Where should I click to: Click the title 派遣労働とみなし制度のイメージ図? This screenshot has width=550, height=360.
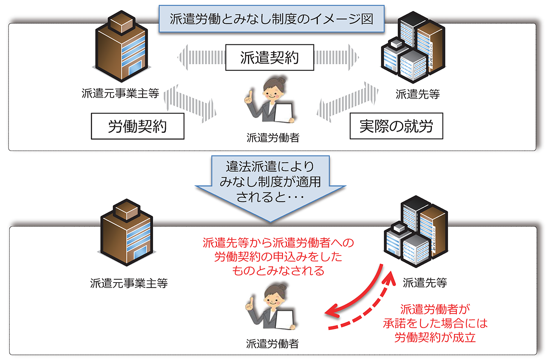click(x=271, y=19)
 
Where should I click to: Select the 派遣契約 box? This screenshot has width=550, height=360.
click(x=269, y=58)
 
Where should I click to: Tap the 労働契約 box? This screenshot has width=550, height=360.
click(x=137, y=126)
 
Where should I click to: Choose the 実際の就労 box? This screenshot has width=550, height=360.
click(x=396, y=126)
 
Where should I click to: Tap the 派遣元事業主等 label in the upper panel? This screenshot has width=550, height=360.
click(x=121, y=93)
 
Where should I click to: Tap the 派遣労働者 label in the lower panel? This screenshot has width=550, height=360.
click(x=272, y=344)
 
